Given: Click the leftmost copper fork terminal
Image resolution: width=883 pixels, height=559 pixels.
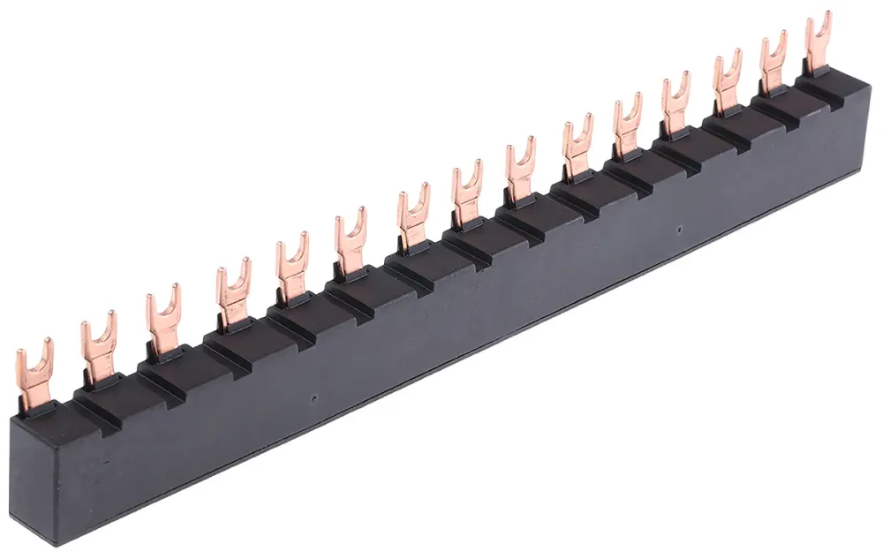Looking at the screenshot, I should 34,371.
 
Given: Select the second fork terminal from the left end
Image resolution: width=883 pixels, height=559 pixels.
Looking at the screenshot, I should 98,344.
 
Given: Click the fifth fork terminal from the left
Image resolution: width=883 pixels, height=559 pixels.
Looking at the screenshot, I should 291,266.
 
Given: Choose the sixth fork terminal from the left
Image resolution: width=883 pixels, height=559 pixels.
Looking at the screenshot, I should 350,239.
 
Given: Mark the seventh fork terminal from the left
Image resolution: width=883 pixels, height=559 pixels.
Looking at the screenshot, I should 411,215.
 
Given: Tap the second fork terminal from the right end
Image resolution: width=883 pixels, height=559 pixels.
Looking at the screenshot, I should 773,60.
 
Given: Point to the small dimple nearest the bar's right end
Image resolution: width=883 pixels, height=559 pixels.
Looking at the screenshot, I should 677,231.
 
